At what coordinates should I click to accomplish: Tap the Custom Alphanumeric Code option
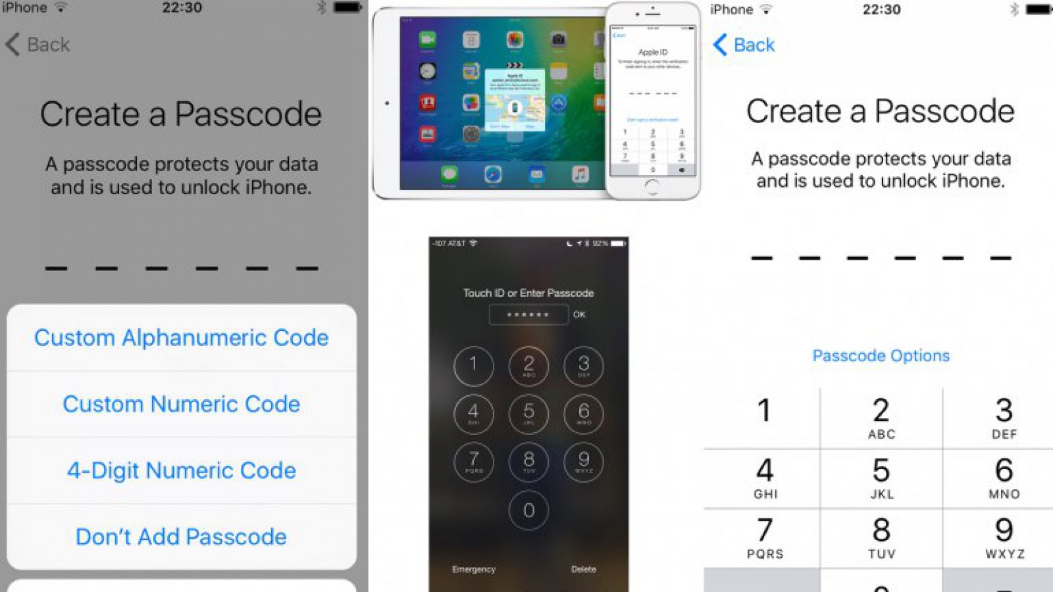point(181,337)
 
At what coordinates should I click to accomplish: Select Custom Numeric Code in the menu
point(181,404)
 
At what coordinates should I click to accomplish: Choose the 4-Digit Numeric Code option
point(181,470)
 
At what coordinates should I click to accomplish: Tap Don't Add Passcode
point(181,537)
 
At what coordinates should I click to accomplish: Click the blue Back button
point(744,45)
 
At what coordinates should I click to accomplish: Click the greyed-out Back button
point(38,45)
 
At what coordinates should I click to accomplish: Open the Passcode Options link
point(881,356)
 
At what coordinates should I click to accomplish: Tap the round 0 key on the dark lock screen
point(528,510)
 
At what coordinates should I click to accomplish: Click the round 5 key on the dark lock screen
point(528,414)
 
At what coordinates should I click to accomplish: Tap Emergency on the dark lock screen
point(473,569)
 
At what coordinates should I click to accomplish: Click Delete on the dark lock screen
point(583,569)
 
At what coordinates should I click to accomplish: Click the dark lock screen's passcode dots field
point(528,314)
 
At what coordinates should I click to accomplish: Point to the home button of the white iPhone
point(652,186)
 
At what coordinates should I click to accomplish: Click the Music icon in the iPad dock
point(580,174)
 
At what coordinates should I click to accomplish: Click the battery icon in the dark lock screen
point(617,243)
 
